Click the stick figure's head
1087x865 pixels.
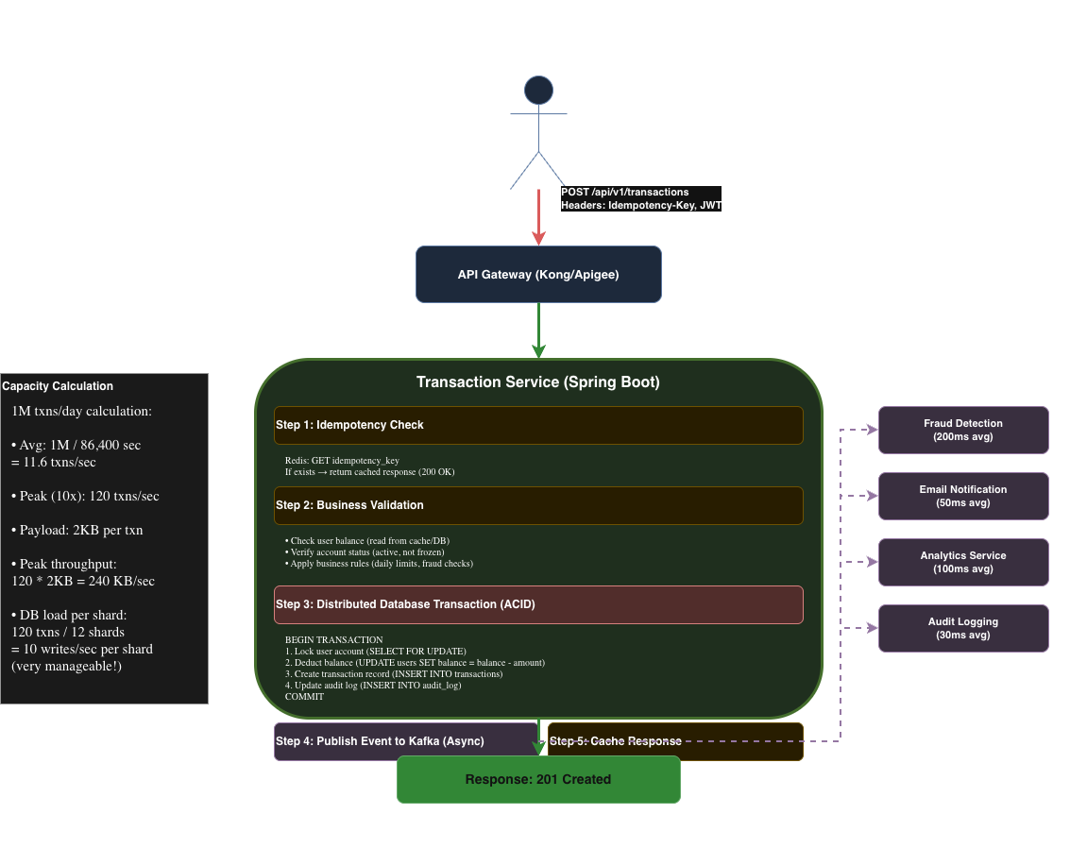coord(538,90)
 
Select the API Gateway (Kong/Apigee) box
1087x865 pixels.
coord(538,275)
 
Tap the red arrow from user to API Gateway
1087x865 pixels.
coord(538,217)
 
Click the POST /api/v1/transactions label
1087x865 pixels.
coord(624,192)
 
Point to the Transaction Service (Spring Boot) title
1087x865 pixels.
coord(538,382)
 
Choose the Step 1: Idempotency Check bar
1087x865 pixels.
coord(538,425)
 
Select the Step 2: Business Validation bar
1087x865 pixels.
coord(538,505)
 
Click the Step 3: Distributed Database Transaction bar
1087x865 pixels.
coord(538,604)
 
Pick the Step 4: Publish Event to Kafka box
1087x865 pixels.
coord(405,741)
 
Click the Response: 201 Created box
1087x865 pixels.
coord(538,780)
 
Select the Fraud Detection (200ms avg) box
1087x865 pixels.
coord(963,430)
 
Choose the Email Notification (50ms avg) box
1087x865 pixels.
coord(963,497)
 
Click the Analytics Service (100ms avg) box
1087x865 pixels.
coord(963,562)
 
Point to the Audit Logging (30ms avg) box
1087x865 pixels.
coord(963,628)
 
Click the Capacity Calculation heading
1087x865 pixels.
coord(58,386)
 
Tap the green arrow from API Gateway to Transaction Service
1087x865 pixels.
coord(538,331)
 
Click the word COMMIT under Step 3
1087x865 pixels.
coord(304,697)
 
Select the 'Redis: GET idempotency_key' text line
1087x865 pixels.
coord(342,460)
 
